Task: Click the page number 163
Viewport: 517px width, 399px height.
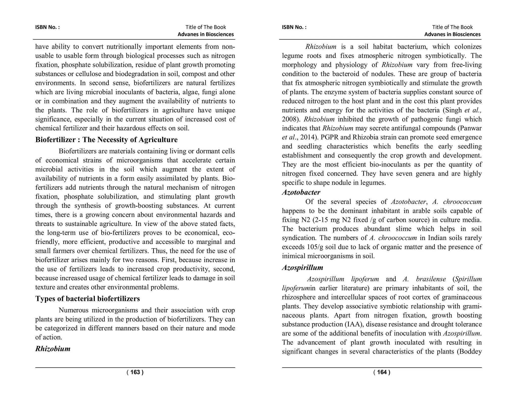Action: coord(135,372)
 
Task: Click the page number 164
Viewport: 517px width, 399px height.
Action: coord(382,372)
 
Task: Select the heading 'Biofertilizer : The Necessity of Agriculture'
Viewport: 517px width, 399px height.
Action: coord(106,140)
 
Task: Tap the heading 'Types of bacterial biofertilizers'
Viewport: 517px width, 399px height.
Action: coord(87,299)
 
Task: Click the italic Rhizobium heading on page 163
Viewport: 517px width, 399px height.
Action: coord(53,349)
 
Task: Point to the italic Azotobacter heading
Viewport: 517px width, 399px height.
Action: coord(301,192)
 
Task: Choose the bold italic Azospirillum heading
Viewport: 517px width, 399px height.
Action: coord(302,268)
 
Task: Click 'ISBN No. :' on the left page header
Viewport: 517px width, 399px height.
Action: coord(47,27)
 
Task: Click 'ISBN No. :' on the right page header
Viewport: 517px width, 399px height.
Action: coord(294,27)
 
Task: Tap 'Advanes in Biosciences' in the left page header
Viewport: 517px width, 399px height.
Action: coord(205,35)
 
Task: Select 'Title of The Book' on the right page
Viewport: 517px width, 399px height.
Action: coord(452,27)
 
